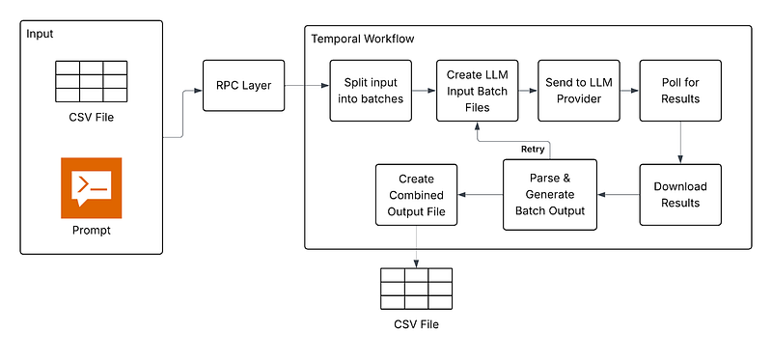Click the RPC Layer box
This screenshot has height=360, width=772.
(x=244, y=86)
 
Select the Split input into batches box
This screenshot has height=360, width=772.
(x=371, y=91)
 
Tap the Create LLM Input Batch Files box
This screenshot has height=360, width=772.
(x=477, y=91)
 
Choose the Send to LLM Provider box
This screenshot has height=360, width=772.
(x=578, y=91)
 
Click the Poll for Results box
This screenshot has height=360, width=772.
(x=680, y=91)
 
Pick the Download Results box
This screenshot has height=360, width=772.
(x=680, y=195)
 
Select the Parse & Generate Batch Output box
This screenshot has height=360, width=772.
(x=550, y=195)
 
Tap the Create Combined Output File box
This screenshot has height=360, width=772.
(x=416, y=195)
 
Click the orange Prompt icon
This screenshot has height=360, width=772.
(x=91, y=187)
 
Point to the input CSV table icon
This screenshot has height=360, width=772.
(x=91, y=81)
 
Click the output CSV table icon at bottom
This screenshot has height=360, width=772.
(x=416, y=289)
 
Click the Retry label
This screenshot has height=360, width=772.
(x=533, y=150)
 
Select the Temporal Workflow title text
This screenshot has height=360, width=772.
(x=363, y=39)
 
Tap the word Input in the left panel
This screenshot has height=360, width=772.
(x=40, y=34)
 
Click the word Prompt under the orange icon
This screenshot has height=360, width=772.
(x=92, y=230)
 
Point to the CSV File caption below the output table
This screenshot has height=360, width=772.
(x=416, y=324)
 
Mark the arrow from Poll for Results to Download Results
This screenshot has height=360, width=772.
(x=680, y=143)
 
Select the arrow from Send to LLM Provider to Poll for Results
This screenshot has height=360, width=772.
(x=630, y=91)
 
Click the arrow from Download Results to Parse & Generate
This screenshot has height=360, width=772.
(x=619, y=195)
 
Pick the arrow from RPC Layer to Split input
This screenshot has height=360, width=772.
(x=307, y=86)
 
